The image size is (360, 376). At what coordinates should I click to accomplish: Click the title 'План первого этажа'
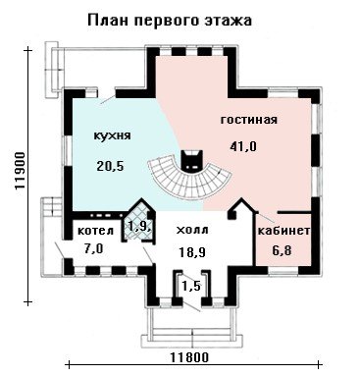(x=170, y=21)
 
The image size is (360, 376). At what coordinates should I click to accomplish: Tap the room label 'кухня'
(x=112, y=135)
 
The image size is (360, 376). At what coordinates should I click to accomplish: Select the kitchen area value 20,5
(x=110, y=166)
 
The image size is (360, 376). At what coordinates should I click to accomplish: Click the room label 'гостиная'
(x=249, y=120)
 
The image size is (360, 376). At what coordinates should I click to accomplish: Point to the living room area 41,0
(x=243, y=146)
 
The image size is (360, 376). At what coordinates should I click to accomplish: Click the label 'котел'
(x=95, y=231)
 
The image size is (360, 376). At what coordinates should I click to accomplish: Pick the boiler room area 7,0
(x=93, y=249)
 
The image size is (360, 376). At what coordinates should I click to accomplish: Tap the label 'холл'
(x=192, y=230)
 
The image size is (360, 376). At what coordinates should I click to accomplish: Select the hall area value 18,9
(x=192, y=252)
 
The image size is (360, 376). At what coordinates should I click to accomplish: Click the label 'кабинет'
(x=283, y=231)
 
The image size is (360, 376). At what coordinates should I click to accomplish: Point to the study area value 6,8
(x=282, y=251)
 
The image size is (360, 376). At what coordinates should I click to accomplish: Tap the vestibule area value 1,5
(x=191, y=287)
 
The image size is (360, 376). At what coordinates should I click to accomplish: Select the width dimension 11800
(x=189, y=357)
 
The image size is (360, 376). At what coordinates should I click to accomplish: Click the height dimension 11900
(x=21, y=171)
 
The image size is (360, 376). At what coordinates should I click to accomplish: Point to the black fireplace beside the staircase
(x=192, y=161)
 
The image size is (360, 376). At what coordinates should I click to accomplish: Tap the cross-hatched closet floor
(x=136, y=226)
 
